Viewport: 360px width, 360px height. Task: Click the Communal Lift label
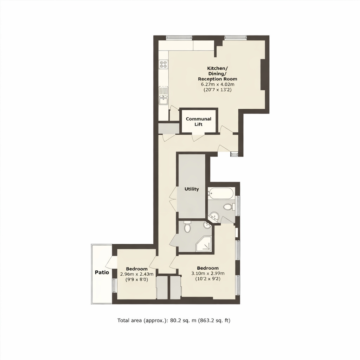(199, 122)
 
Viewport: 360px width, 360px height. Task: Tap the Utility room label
(192, 189)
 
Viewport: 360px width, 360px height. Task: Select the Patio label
(102, 272)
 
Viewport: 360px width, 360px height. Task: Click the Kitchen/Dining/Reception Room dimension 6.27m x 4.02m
(217, 84)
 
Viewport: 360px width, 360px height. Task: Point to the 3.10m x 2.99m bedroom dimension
(207, 274)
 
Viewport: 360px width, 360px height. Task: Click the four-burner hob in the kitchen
(163, 64)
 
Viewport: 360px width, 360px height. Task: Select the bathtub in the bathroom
(220, 193)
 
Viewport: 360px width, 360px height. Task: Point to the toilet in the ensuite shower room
(187, 227)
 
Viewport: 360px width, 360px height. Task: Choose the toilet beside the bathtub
(228, 207)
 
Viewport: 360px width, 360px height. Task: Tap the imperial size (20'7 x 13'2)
(217, 90)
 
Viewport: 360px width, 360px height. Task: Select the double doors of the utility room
(173, 200)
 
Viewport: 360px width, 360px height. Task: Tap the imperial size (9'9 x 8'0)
(134, 280)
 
